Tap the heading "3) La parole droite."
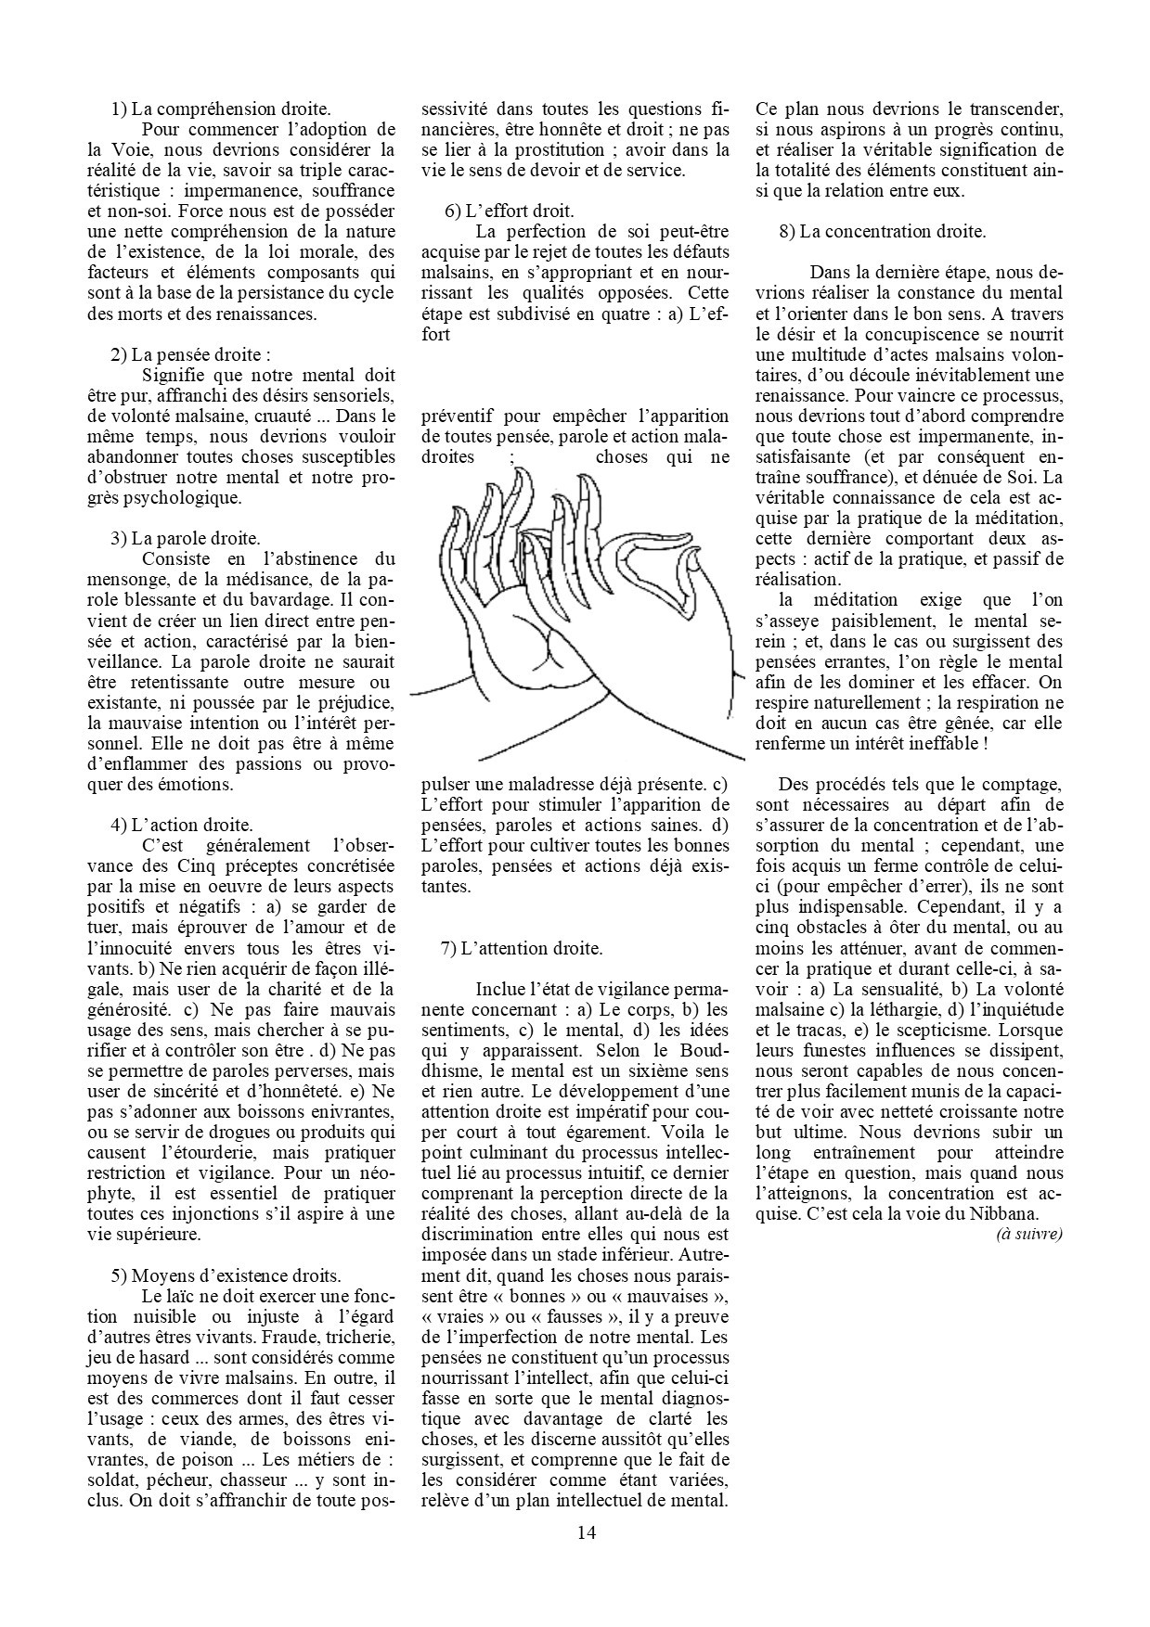[x=186, y=538]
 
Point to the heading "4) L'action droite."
[x=182, y=825]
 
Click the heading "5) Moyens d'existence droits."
[x=226, y=1275]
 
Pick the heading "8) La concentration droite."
[x=882, y=231]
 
